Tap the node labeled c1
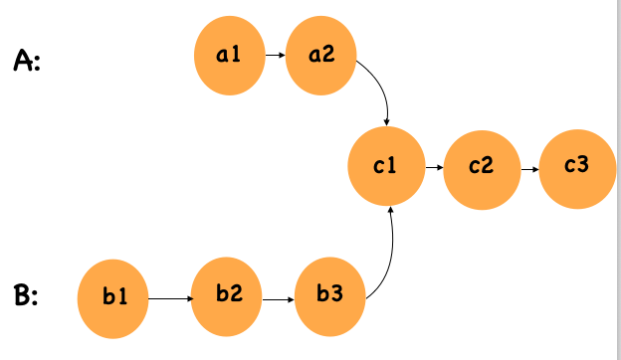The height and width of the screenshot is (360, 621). click(386, 168)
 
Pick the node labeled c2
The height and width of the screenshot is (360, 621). click(482, 168)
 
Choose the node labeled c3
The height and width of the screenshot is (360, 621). click(576, 168)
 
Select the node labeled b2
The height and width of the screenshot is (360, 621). click(228, 296)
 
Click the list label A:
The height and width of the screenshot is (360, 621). click(27, 62)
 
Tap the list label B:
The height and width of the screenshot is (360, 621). click(27, 296)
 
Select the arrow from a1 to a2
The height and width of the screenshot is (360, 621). click(276, 58)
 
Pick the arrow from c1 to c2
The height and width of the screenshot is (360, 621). click(434, 168)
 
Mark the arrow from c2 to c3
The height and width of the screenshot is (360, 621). click(529, 168)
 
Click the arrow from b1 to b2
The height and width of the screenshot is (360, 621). click(170, 297)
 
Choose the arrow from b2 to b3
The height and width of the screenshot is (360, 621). click(281, 297)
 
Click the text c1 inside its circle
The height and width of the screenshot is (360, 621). click(385, 167)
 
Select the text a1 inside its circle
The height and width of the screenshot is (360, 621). click(230, 56)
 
